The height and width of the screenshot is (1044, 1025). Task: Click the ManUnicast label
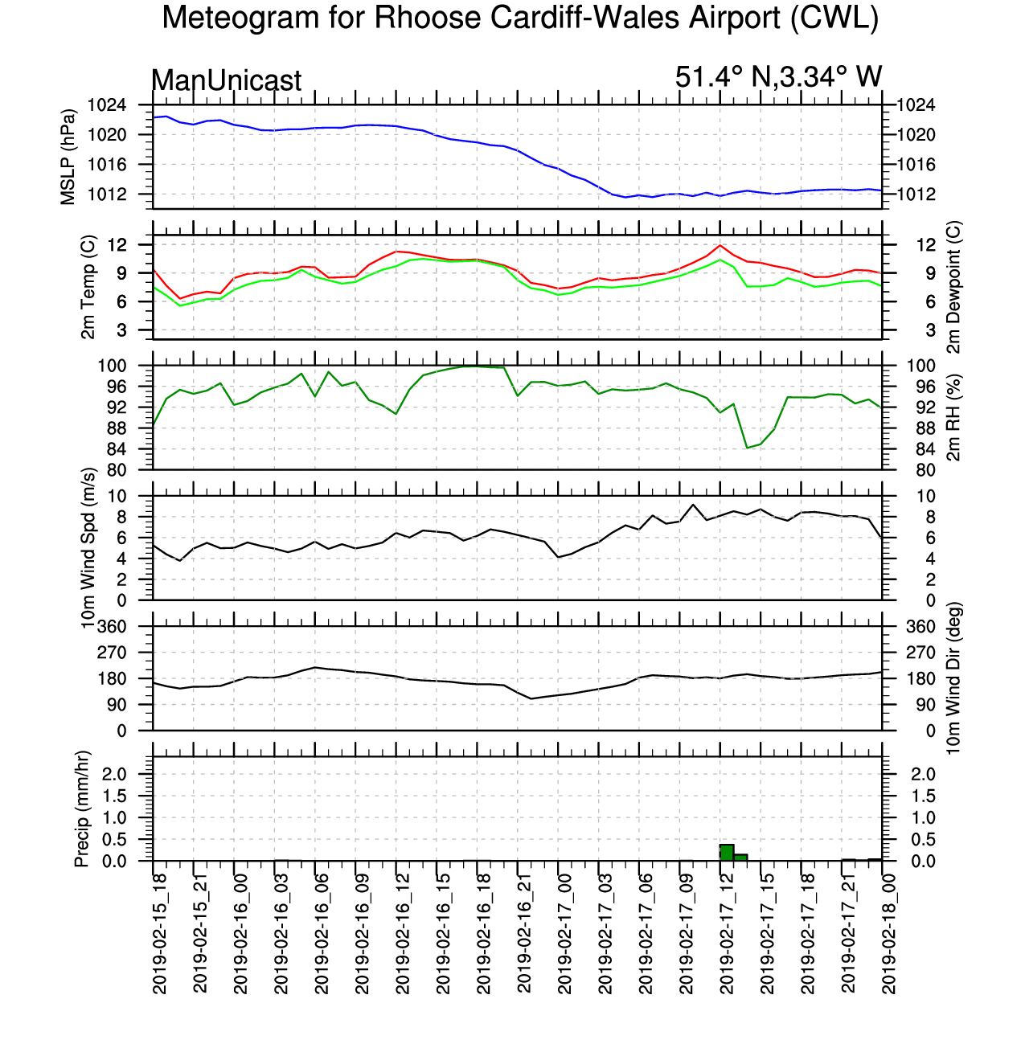(x=226, y=80)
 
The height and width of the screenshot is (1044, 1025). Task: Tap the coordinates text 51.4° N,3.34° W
(x=778, y=77)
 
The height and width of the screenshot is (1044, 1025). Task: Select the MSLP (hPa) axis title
(x=68, y=158)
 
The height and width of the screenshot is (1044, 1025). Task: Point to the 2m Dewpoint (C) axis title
(x=953, y=287)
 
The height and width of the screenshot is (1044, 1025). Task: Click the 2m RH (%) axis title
(x=953, y=418)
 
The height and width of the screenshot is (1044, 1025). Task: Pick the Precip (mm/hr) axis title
(x=81, y=809)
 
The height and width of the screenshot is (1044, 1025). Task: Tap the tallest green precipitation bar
(x=726, y=852)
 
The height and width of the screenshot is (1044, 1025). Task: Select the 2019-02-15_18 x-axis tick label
(x=159, y=933)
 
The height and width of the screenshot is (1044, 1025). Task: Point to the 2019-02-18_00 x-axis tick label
(x=888, y=933)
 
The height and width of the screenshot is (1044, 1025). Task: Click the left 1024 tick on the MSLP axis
(x=107, y=105)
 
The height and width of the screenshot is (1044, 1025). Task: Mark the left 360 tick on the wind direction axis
(x=111, y=627)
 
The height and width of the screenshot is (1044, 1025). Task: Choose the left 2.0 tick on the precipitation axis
(x=114, y=774)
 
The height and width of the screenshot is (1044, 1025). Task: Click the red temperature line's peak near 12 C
(x=720, y=245)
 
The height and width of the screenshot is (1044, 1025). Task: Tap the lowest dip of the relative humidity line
(x=747, y=448)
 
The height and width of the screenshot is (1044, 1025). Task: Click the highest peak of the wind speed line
(x=693, y=505)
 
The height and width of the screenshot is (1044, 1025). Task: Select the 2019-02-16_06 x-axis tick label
(x=322, y=933)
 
